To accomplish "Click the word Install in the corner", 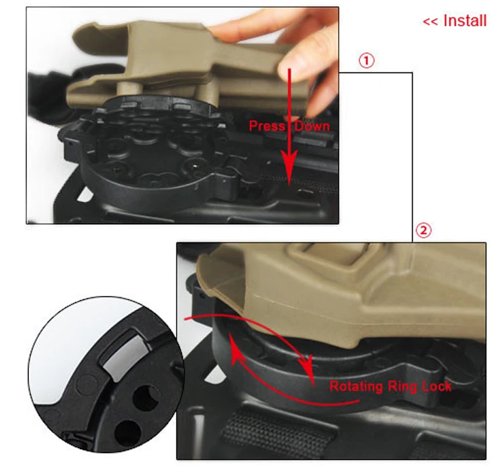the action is pos(465,21).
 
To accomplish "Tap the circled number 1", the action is pos(366,60).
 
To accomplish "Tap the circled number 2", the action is pos(423,230).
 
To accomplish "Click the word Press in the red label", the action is pos(267,126).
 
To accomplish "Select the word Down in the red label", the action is pos(312,126).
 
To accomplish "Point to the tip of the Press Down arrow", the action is pos(289,185).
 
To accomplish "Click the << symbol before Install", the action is pos(430,22).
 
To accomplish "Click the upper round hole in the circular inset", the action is pos(146,399).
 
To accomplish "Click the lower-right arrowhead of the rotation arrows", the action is pos(307,366).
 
